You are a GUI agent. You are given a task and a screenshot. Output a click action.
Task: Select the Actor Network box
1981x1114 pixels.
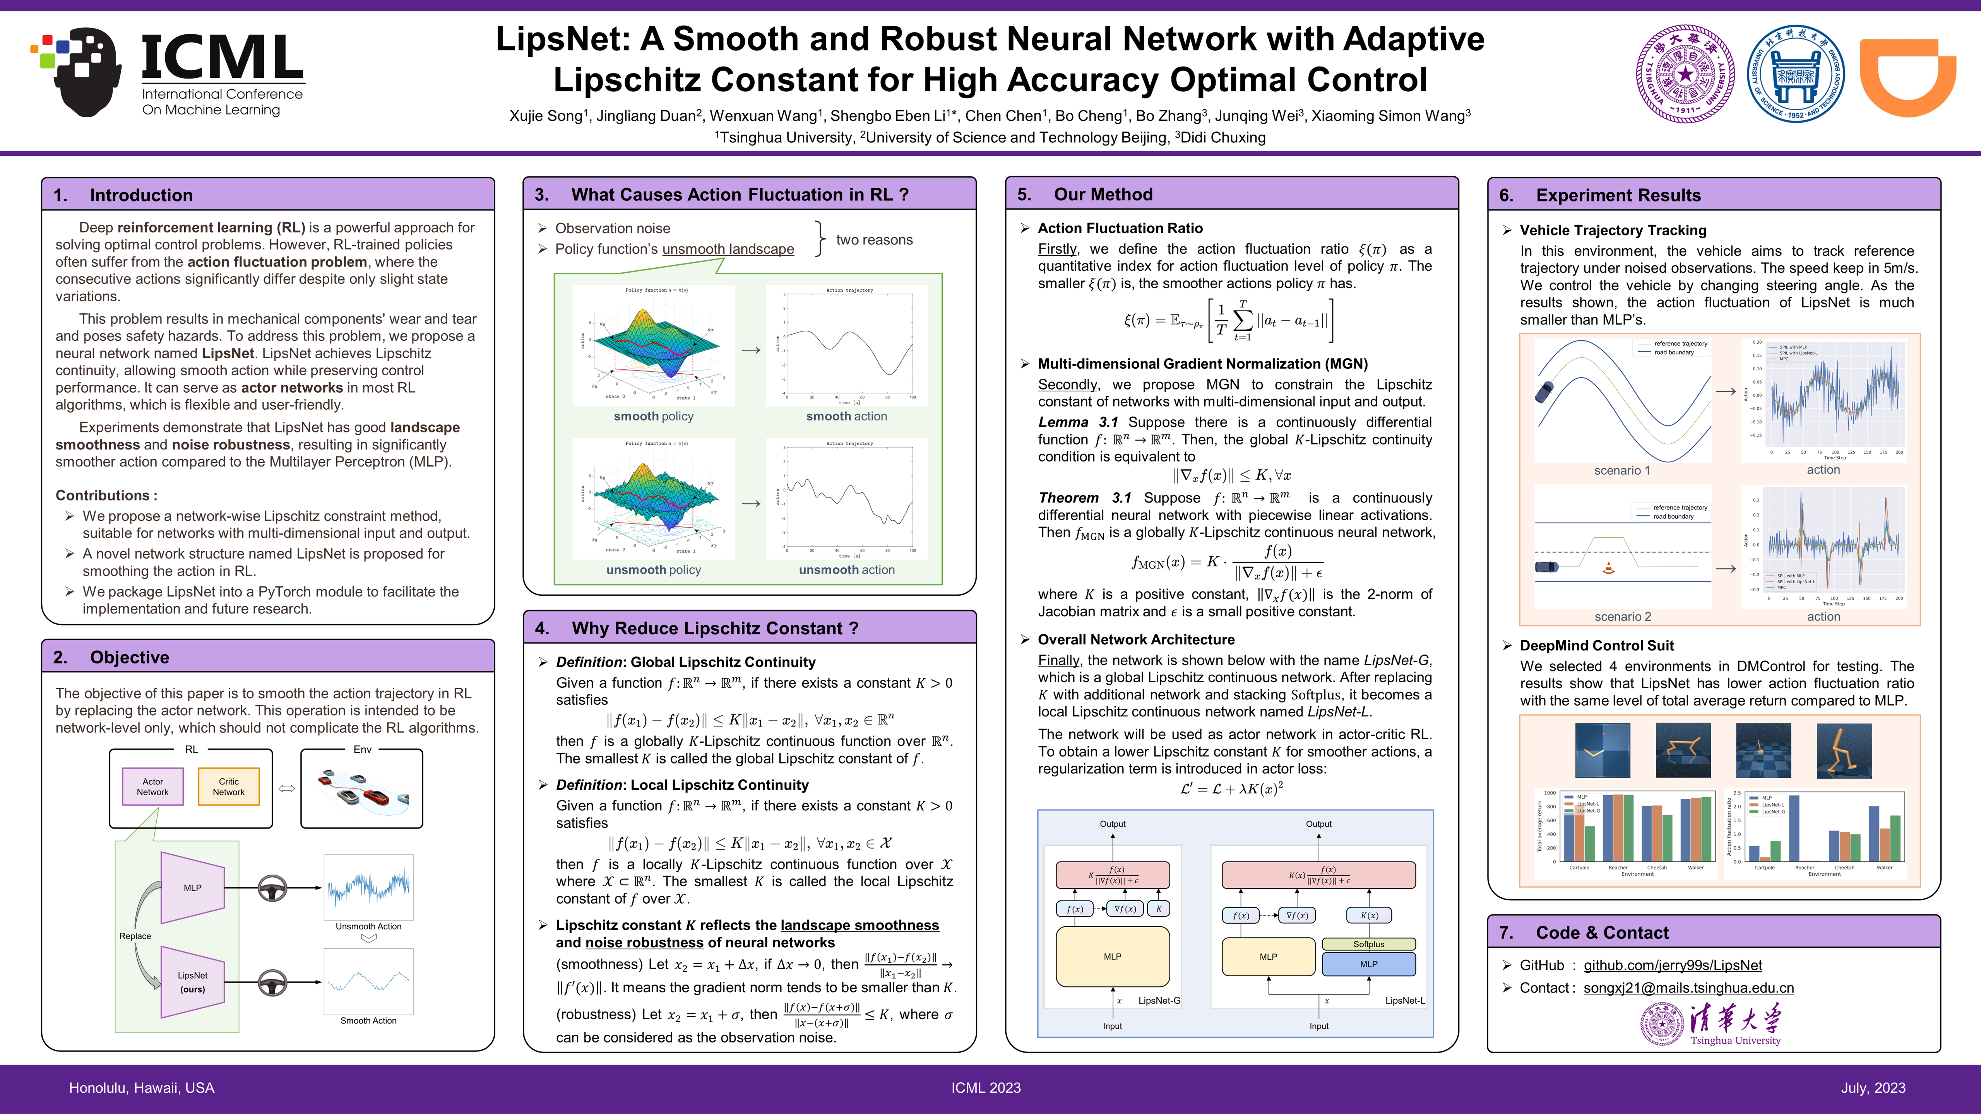(x=152, y=786)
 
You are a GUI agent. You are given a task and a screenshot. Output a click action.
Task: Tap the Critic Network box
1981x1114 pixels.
(x=228, y=786)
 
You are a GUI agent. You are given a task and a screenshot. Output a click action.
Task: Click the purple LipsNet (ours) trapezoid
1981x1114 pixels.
(x=192, y=982)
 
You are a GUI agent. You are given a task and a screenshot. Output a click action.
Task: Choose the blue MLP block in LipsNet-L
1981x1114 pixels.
(x=1368, y=964)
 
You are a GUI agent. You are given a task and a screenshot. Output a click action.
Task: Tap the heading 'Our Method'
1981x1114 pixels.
(x=1103, y=195)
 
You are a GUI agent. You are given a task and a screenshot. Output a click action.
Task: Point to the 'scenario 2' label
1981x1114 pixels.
(x=1622, y=617)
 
